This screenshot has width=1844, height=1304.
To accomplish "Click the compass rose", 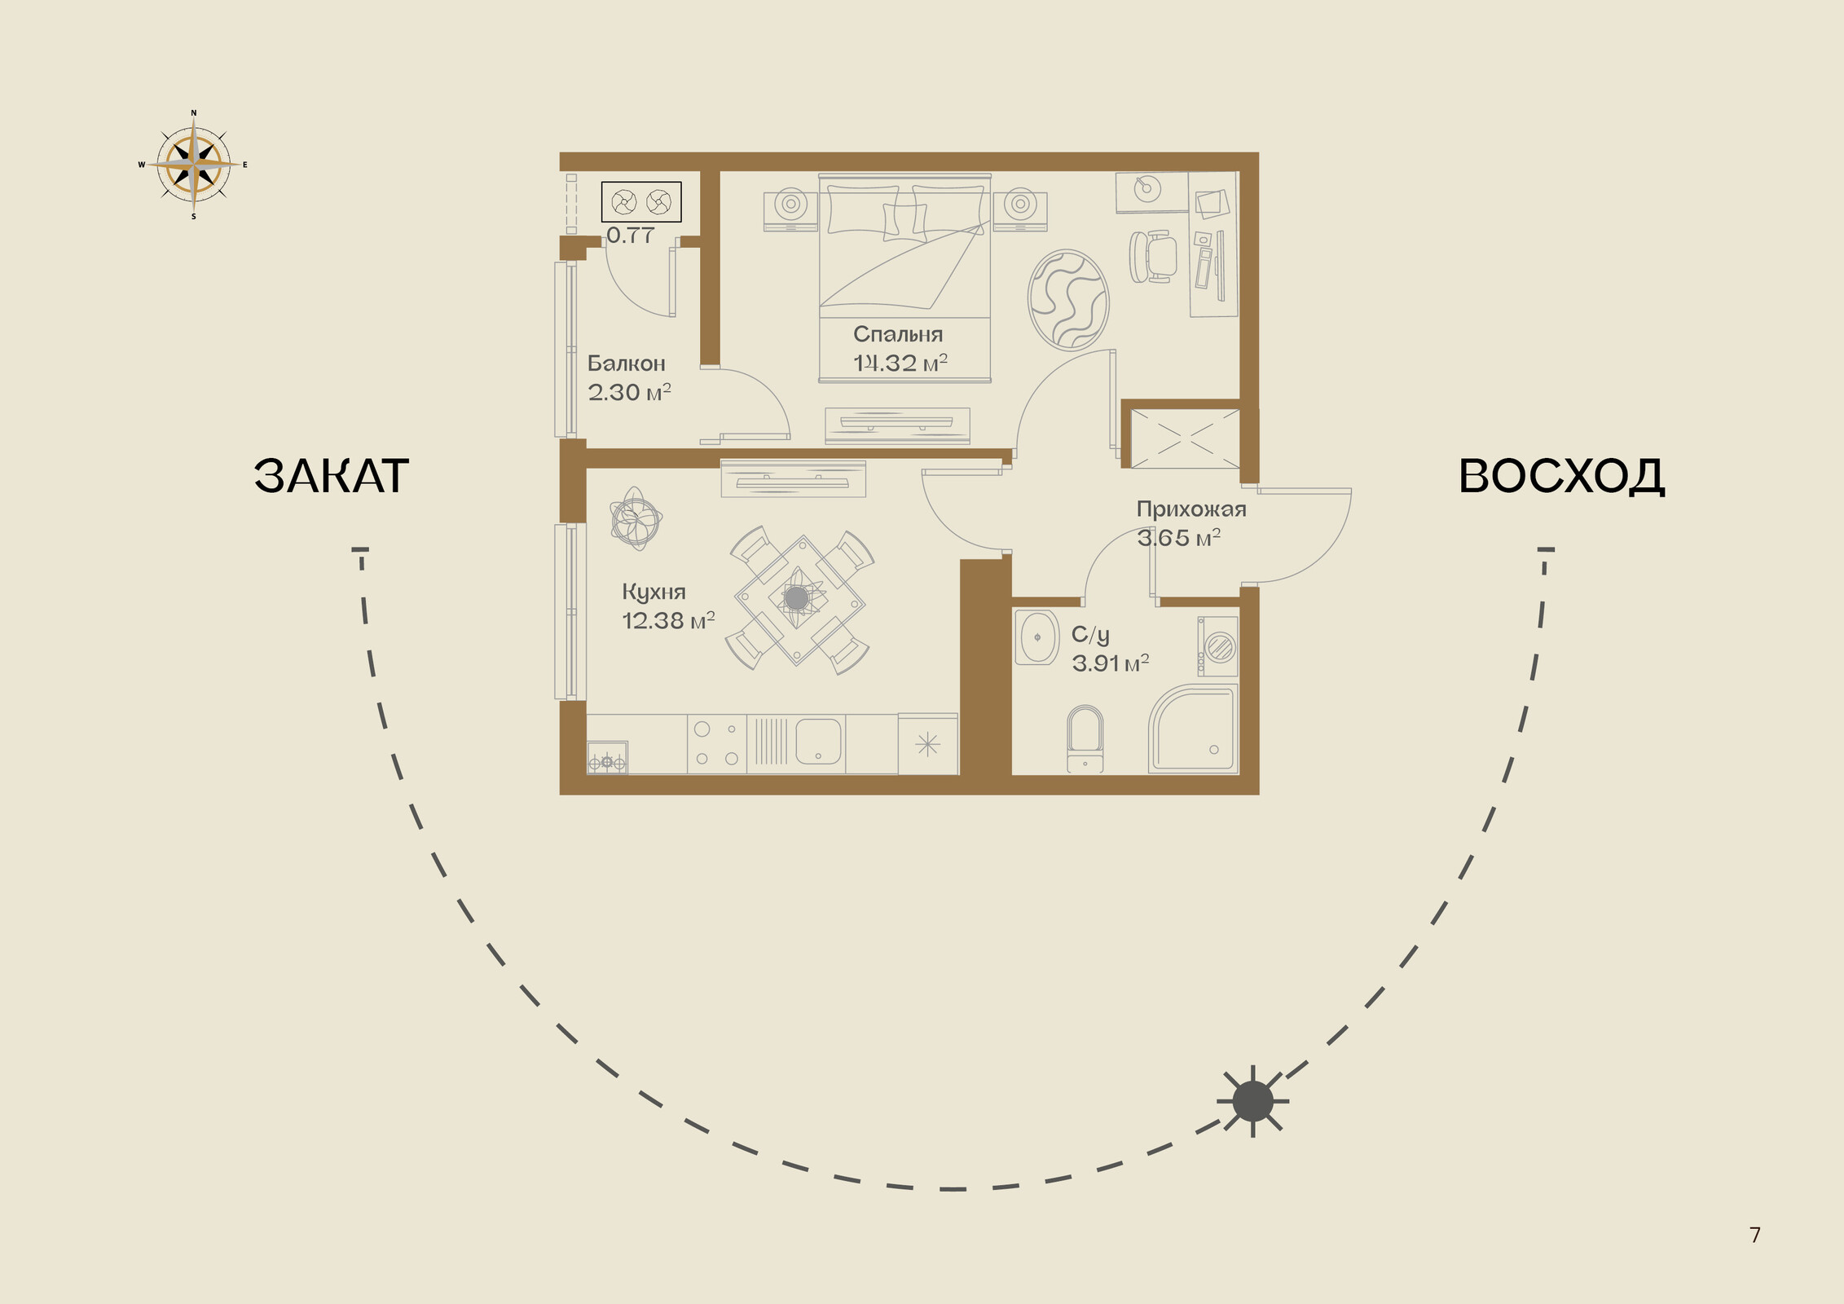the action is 193,165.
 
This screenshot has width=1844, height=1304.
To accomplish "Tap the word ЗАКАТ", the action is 331,476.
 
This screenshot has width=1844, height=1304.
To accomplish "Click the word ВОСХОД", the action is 1561,476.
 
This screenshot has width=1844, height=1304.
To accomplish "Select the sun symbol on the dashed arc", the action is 1252,1101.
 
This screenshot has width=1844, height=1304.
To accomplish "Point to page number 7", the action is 1755,1236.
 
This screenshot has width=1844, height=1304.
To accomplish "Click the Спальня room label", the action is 898,335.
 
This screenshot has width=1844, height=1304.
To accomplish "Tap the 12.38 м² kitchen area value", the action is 668,621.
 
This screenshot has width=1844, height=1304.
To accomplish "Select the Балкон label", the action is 627,363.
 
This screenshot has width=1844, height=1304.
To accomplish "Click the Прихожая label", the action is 1191,510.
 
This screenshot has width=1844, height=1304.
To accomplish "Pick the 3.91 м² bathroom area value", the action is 1110,663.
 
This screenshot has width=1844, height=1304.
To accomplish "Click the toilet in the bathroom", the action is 1085,738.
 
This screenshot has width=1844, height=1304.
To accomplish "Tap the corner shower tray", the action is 1193,729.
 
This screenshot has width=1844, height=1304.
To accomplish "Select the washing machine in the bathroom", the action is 1217,646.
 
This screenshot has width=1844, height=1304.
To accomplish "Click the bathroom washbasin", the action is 1036,637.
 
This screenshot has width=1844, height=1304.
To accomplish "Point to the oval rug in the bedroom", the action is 1068,300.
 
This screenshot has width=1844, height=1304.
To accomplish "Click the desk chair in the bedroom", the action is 1153,257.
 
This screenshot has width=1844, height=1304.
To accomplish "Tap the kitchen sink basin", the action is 818,742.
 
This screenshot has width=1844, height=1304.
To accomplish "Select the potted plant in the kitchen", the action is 636,519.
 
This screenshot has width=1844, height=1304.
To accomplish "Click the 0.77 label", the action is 630,236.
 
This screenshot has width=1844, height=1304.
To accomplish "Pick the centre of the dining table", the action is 798,599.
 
